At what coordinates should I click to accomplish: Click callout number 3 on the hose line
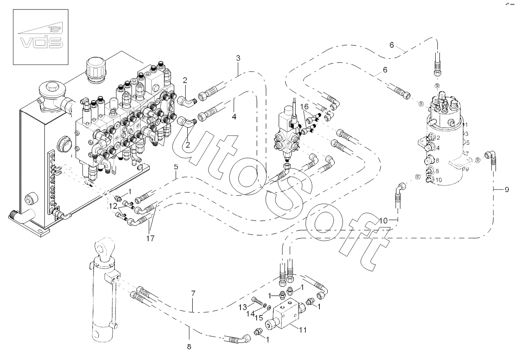[x=238, y=59]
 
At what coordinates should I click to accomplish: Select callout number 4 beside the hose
[x=234, y=117]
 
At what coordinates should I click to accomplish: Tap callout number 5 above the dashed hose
[x=176, y=167]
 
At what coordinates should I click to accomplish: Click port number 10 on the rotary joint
[x=428, y=180]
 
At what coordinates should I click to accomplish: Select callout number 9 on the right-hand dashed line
[x=506, y=190]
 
